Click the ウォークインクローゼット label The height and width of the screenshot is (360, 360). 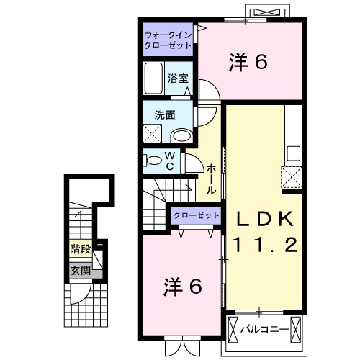tap(168, 40)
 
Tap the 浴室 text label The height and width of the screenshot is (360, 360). tap(178, 78)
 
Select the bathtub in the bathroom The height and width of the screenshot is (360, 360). tap(154, 76)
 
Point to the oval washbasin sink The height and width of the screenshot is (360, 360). tap(181, 135)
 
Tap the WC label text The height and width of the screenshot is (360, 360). tap(170, 161)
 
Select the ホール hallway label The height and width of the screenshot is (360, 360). tap(211, 179)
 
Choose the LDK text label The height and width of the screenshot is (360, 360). tap(262, 218)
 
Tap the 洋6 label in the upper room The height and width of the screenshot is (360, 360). tap(249, 63)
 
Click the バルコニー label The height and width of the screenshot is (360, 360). tap(265, 330)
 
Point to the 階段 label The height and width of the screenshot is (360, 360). tap(80, 250)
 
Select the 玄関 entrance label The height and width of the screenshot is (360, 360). tap(80, 271)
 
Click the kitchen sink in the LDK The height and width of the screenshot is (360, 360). tap(293, 153)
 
